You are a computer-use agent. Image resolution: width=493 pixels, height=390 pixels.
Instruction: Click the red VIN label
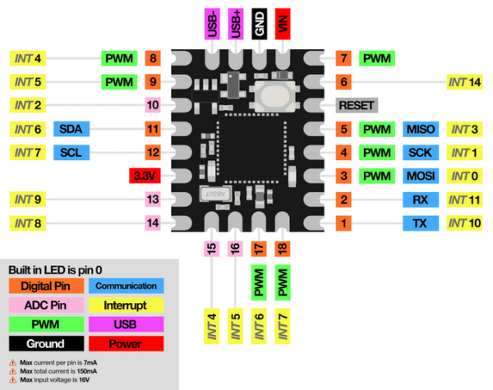[x=283, y=24]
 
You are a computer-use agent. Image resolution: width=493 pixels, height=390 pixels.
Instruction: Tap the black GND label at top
[x=260, y=24]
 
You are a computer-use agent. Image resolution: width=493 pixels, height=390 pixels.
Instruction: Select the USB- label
[x=212, y=24]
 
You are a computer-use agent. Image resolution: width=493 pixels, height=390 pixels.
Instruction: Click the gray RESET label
[x=357, y=105]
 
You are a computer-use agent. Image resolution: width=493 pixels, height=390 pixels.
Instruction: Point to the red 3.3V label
[x=145, y=176]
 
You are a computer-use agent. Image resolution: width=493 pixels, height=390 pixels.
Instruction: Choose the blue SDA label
[x=71, y=129]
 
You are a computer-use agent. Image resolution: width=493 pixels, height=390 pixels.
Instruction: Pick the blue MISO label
[x=421, y=129]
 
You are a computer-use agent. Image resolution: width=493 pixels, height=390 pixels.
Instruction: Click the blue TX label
[x=421, y=223]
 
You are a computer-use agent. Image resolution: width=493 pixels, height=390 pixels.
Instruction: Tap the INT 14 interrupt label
[x=465, y=82]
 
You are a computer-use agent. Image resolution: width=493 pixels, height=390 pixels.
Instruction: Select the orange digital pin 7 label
[x=343, y=58]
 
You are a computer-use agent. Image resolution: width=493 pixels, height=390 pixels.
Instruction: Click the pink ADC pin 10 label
[x=153, y=105]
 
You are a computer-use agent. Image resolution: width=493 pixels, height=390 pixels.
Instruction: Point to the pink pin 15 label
[x=212, y=249]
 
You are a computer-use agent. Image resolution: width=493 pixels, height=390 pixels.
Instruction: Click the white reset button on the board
[x=274, y=96]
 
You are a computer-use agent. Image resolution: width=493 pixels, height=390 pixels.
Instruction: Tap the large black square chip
[x=251, y=149]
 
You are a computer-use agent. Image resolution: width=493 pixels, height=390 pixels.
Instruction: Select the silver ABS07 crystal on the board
[x=215, y=194]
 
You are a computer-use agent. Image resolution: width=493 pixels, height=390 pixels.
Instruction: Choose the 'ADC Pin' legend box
[x=46, y=305]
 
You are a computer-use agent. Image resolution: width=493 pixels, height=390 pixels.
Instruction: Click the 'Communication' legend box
[x=126, y=286]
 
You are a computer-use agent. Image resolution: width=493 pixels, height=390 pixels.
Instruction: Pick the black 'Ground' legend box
[x=46, y=343]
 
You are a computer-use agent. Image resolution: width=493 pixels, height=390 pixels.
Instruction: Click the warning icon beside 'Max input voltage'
[x=12, y=379]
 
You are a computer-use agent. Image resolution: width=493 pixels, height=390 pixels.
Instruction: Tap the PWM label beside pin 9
[x=119, y=82]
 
